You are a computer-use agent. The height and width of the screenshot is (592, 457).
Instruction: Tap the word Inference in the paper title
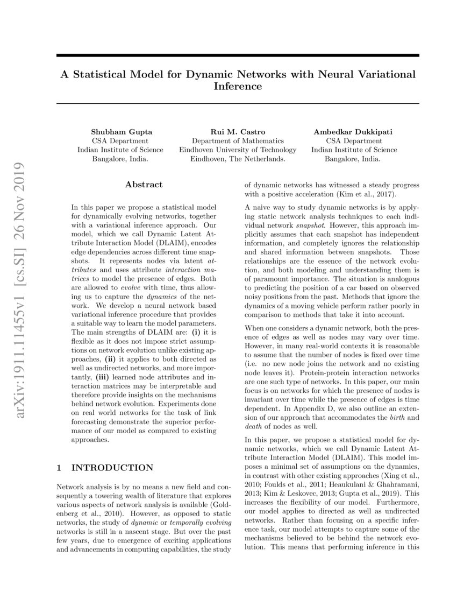pyautogui.click(x=238, y=86)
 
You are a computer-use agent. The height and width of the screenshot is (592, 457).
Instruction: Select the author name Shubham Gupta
pyautogui.click(x=113, y=131)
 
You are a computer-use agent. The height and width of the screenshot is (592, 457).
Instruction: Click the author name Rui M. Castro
pyautogui.click(x=238, y=131)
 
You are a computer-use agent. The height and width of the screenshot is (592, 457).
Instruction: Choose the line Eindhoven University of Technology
pyautogui.click(x=238, y=150)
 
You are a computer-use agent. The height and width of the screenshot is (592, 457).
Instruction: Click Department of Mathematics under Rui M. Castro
pyautogui.click(x=238, y=140)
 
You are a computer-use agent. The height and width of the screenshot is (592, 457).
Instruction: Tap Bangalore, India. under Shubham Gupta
pyautogui.click(x=113, y=159)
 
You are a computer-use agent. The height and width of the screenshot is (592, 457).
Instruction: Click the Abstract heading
pyautogui.click(x=144, y=185)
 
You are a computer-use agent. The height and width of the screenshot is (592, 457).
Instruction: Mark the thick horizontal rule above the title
pyautogui.click(x=238, y=56)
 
